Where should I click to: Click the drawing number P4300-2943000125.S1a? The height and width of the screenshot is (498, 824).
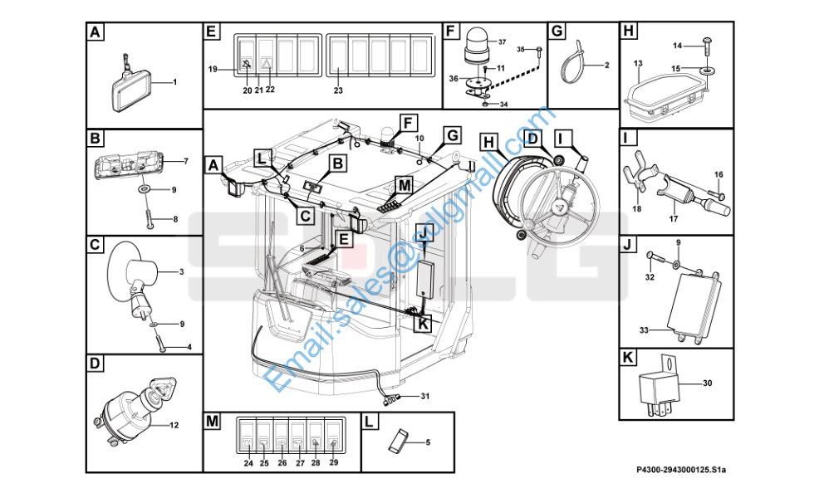pyautogui.click(x=680, y=469)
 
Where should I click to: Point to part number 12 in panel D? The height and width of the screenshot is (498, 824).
pyautogui.click(x=174, y=425)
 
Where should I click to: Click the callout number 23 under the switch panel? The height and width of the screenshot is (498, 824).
pyautogui.click(x=338, y=90)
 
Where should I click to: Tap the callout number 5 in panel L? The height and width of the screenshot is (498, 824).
pyautogui.click(x=428, y=442)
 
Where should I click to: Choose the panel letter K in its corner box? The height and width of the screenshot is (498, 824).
pyautogui.click(x=627, y=358)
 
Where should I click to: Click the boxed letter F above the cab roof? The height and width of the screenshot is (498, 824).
pyautogui.click(x=407, y=124)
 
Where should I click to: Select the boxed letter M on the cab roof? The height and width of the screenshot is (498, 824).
pyautogui.click(x=405, y=185)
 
